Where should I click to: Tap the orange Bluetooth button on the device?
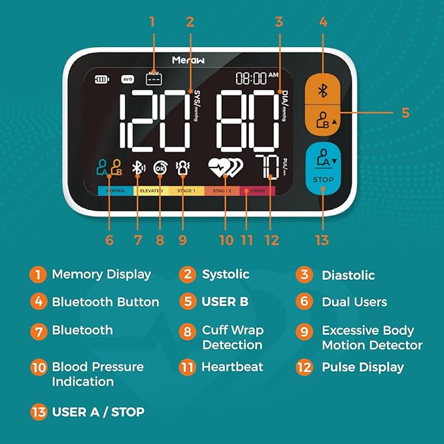[322, 91]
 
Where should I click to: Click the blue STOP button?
[323, 169]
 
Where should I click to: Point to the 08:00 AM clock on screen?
[257, 78]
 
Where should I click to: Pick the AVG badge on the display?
[128, 80]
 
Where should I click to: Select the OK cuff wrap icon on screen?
[160, 168]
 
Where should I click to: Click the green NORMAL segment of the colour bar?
[116, 191]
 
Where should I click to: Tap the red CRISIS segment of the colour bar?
[258, 191]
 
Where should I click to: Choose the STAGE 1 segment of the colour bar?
[186, 191]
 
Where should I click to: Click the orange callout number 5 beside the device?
[405, 112]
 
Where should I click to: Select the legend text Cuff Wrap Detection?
[232, 337]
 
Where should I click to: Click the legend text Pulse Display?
[362, 367]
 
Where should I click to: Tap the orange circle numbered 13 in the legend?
[39, 412]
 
